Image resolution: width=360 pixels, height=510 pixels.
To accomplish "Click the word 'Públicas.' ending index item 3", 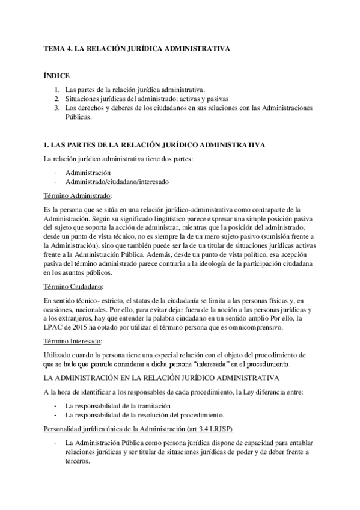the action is click(79, 118).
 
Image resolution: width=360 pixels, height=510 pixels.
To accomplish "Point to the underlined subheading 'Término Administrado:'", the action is click(78, 196).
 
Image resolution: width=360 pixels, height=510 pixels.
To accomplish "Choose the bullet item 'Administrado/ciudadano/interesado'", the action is click(117, 182).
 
